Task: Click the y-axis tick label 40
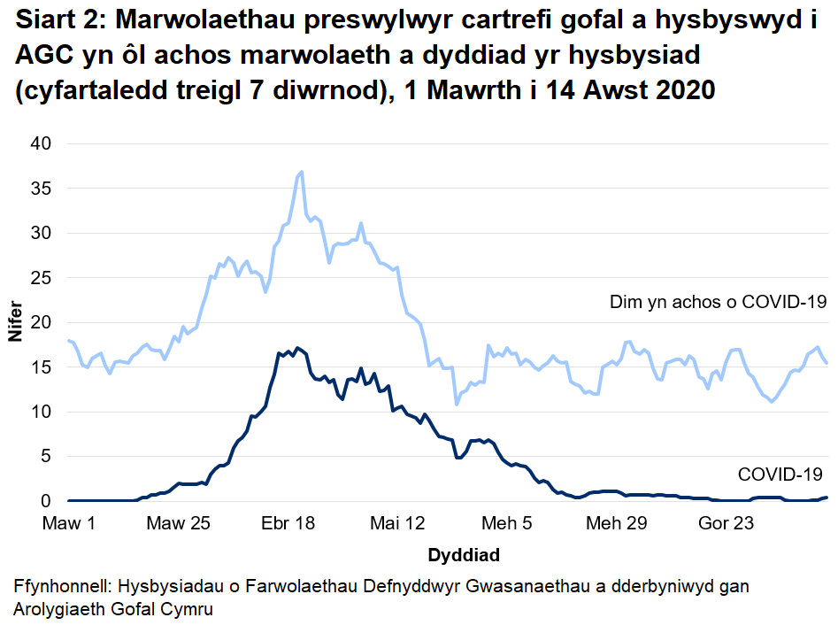(x=44, y=143)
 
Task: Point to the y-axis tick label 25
(x=44, y=278)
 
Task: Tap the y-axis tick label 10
(x=44, y=412)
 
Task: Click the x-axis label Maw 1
(x=68, y=524)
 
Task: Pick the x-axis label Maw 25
(x=178, y=524)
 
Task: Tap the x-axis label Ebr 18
(x=288, y=524)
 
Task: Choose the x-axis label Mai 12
(x=398, y=524)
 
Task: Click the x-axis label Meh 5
(x=508, y=524)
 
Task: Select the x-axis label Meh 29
(x=617, y=524)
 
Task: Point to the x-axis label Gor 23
(x=727, y=524)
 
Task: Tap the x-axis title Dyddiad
(x=464, y=556)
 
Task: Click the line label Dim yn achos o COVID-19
(x=718, y=303)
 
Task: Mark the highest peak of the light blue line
(x=302, y=172)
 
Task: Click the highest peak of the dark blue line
(x=297, y=347)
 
